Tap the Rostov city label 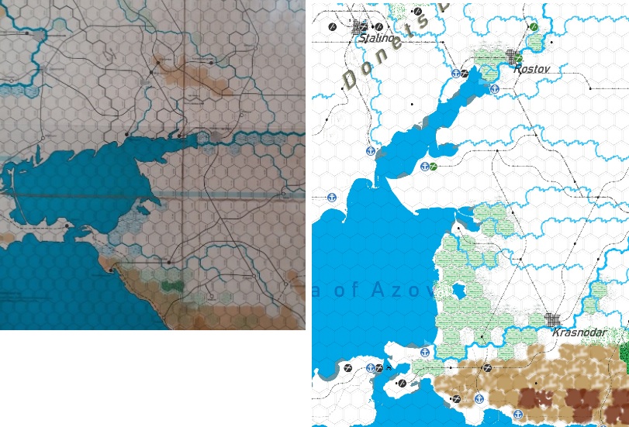[x=531, y=69]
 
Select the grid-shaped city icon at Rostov [x=511, y=56]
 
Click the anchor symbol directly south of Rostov [x=494, y=89]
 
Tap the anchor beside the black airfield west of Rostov [x=455, y=74]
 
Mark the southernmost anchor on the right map [x=518, y=415]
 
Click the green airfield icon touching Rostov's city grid [x=520, y=59]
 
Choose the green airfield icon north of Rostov [x=534, y=27]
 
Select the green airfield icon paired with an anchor [x=434, y=167]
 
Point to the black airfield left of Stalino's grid [x=333, y=27]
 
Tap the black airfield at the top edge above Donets [x=418, y=12]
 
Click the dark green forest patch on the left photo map [x=171, y=286]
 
